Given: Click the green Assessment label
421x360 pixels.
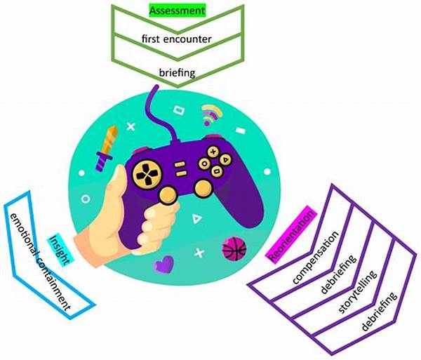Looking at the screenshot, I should pos(177,11).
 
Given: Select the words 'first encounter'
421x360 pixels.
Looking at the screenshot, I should pos(177,39).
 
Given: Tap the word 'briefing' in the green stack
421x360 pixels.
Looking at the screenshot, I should pos(176,71).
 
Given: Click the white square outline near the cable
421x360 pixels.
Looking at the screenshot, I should pos(178,110).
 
